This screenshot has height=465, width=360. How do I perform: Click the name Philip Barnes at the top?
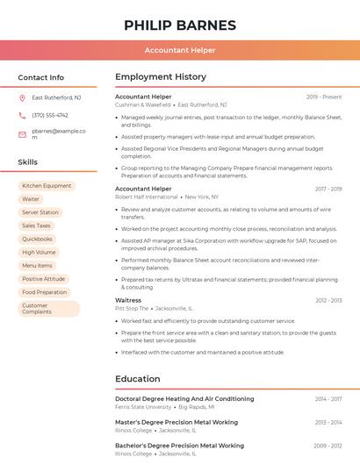pyautogui.click(x=180, y=25)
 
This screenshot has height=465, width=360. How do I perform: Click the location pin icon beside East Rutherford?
pyautogui.click(x=22, y=98)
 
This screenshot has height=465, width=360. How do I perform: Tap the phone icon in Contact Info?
pyautogui.click(x=22, y=116)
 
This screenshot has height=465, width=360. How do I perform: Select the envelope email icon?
pyautogui.click(x=22, y=134)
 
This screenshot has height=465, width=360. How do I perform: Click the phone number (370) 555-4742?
pyautogui.click(x=50, y=116)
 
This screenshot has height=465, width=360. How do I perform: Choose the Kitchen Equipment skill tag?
pyautogui.click(x=47, y=186)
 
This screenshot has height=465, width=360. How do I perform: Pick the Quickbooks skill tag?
pyautogui.click(x=38, y=239)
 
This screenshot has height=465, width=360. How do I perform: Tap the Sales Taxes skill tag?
pyautogui.click(x=37, y=225)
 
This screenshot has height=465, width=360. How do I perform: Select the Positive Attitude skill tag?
pyautogui.click(x=44, y=279)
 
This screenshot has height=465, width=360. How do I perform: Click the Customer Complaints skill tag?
pyautogui.click(x=48, y=308)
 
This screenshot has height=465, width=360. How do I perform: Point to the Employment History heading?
pyautogui.click(x=161, y=77)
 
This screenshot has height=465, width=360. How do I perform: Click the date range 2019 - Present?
pyautogui.click(x=324, y=97)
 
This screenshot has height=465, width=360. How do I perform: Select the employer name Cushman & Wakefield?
pyautogui.click(x=142, y=104)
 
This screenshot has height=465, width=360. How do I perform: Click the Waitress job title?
pyautogui.click(x=128, y=300)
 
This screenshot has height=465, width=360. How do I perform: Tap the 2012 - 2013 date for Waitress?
pyautogui.click(x=328, y=300)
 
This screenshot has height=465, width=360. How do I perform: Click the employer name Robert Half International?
pyautogui.click(x=146, y=197)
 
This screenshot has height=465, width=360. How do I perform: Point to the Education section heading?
pyautogui.click(x=137, y=379)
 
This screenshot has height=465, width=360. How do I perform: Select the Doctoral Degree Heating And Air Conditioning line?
pyautogui.click(x=184, y=399)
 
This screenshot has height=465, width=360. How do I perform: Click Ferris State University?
pyautogui.click(x=143, y=407)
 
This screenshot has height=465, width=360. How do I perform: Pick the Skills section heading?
pyautogui.click(x=28, y=162)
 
